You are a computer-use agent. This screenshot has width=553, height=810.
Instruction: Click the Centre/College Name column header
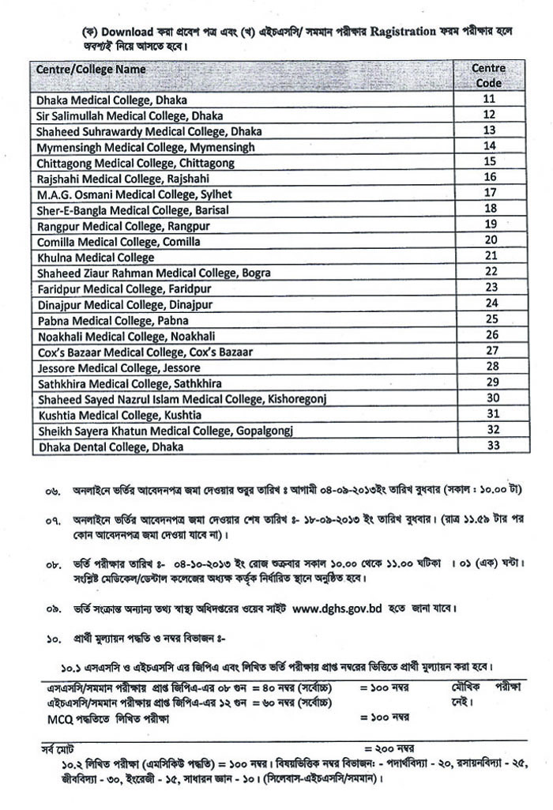click(x=92, y=70)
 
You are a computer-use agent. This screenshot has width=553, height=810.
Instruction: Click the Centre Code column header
click(x=489, y=75)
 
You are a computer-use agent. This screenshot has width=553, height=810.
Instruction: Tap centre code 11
click(x=489, y=99)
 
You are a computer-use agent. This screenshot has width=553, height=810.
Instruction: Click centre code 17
click(x=490, y=193)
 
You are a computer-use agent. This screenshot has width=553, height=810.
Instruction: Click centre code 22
click(x=490, y=271)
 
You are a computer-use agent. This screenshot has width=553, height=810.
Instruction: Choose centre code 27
click(x=490, y=350)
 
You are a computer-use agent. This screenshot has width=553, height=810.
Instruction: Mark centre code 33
click(x=490, y=445)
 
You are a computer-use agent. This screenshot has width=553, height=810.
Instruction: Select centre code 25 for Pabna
click(x=490, y=318)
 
